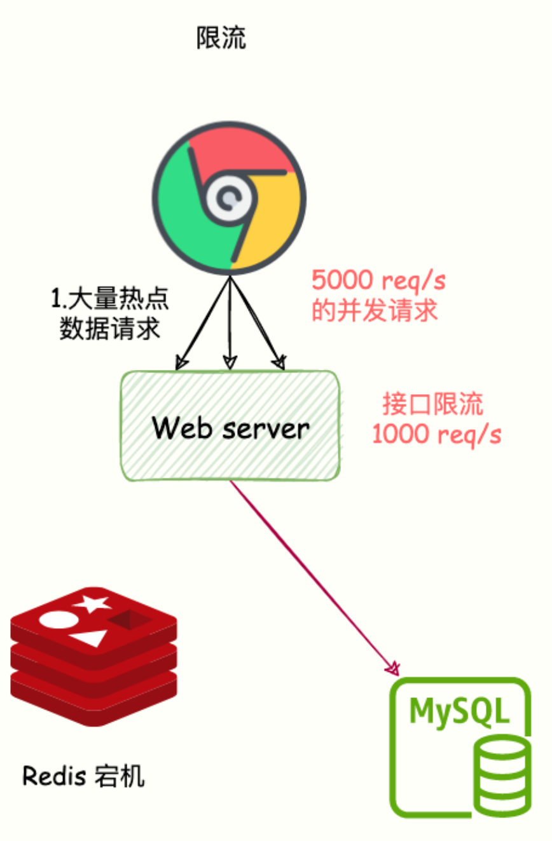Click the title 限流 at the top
pyautogui.click(x=221, y=39)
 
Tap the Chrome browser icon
pyautogui.click(x=228, y=198)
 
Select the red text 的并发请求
pyautogui.click(x=374, y=311)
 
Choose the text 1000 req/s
pyautogui.click(x=436, y=434)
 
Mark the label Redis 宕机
pyautogui.click(x=83, y=776)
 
